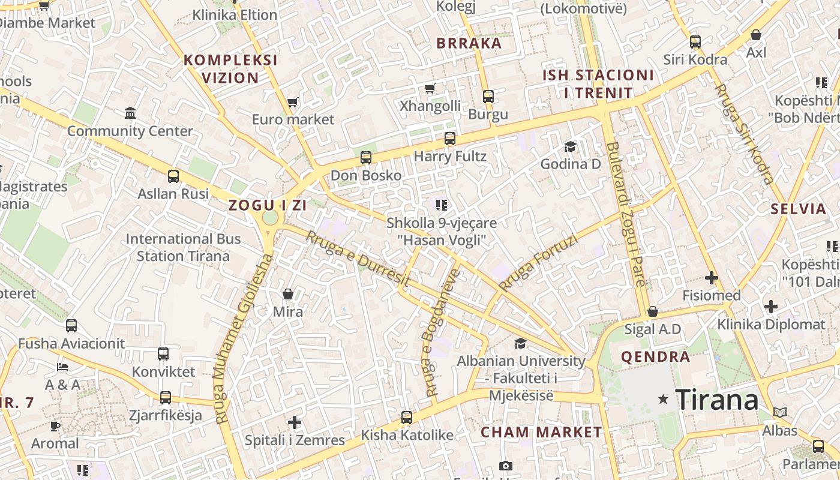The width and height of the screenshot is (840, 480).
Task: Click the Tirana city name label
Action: [716, 400]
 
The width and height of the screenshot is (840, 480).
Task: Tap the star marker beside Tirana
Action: [663, 399]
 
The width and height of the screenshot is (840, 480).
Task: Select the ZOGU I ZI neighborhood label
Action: [268, 205]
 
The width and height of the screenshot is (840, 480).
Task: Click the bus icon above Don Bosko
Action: [365, 158]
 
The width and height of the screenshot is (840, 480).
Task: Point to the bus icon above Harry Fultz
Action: [449, 139]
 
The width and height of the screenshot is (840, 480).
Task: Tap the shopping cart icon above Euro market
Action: [292, 102]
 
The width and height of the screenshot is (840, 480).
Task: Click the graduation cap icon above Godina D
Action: [569, 146]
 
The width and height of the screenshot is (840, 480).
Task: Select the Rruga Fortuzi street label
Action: [538, 263]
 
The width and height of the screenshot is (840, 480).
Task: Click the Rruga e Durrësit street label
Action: [358, 258]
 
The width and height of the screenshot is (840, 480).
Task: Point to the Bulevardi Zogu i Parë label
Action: [626, 222]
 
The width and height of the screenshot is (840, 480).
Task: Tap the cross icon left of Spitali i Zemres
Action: [295, 422]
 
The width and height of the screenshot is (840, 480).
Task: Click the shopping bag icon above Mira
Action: [288, 294]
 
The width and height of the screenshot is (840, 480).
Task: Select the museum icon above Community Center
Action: [130, 113]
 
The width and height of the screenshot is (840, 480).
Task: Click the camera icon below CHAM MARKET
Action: [505, 466]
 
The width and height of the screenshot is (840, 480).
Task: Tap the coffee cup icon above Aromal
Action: [55, 426]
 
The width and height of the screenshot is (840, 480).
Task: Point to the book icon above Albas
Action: [779, 413]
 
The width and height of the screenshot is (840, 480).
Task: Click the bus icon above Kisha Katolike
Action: [407, 417]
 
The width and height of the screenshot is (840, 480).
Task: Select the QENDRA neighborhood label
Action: [655, 357]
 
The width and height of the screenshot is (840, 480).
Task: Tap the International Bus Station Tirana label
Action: [183, 247]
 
